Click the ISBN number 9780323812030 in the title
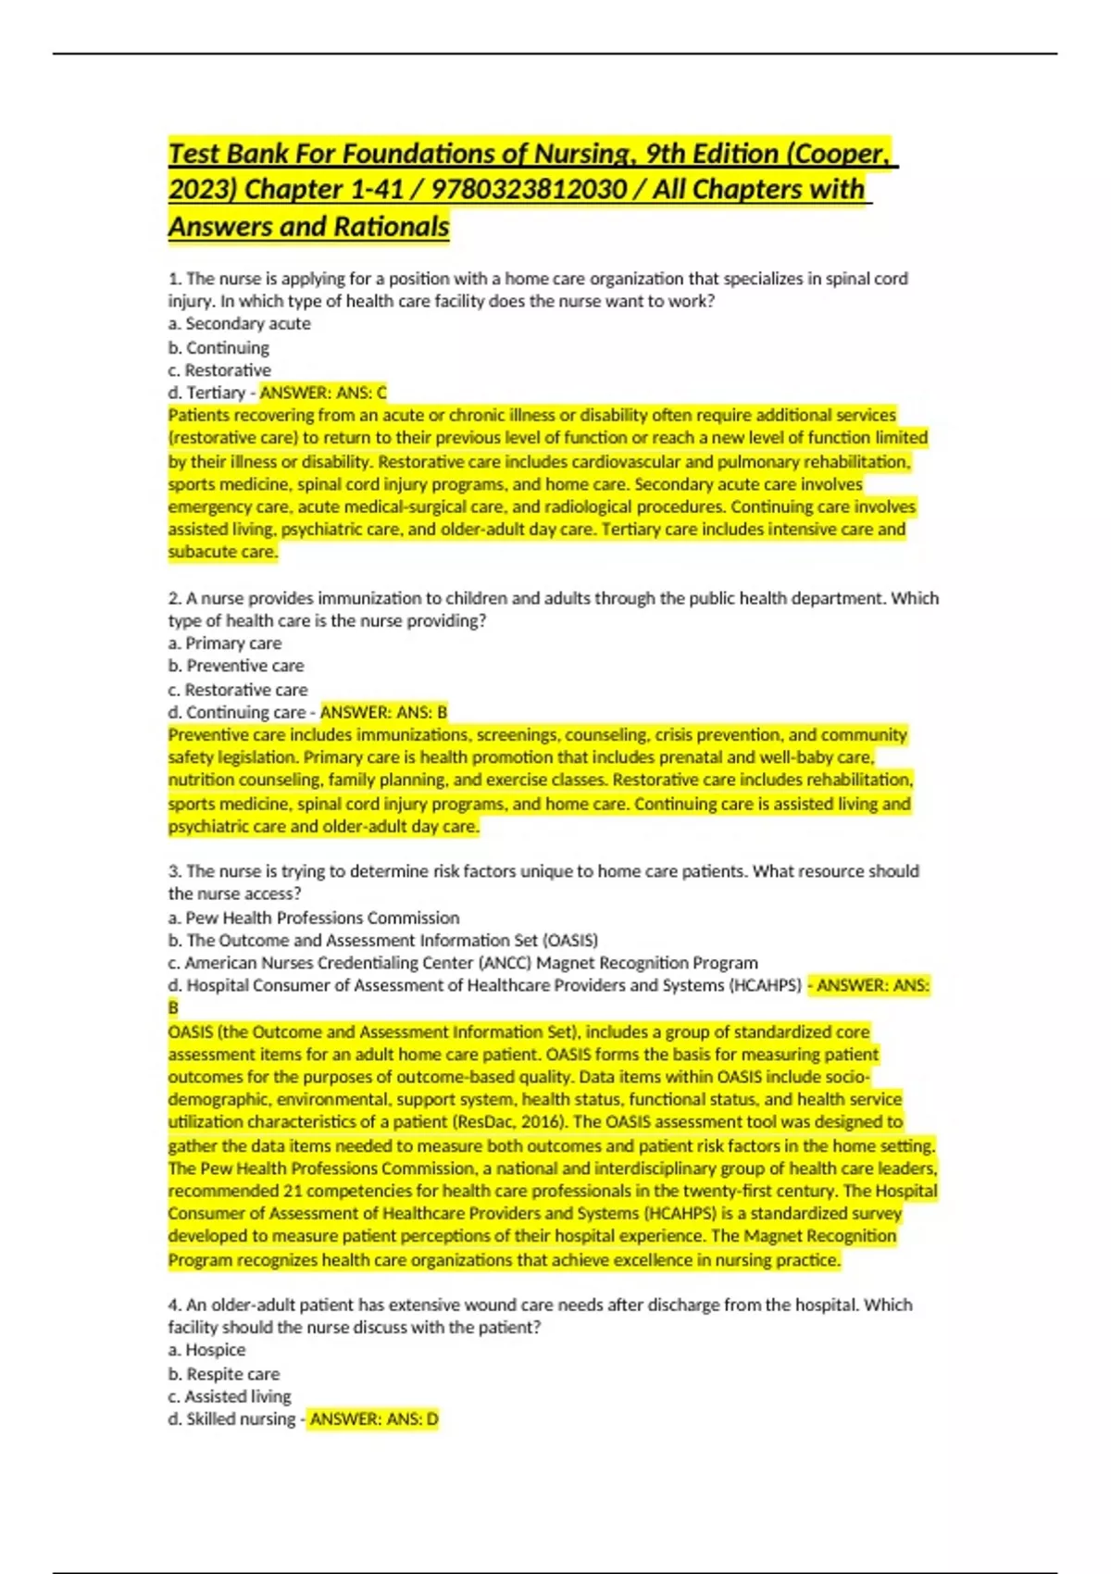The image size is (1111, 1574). click(529, 190)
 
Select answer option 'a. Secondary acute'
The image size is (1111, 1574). click(239, 324)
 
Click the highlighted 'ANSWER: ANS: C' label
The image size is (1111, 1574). click(323, 393)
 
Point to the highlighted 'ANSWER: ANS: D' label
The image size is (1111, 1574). click(374, 1419)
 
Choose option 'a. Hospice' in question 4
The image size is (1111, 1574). click(206, 1350)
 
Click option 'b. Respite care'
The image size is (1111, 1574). click(223, 1374)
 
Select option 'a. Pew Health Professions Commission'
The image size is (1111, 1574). click(313, 918)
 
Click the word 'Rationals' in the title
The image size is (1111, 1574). click(392, 227)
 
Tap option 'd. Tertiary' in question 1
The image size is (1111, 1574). click(206, 393)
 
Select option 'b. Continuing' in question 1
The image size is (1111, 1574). click(218, 348)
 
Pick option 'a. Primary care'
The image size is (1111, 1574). click(224, 643)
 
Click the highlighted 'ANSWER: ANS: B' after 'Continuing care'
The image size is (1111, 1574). click(383, 712)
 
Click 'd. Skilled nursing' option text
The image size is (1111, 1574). click(231, 1419)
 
